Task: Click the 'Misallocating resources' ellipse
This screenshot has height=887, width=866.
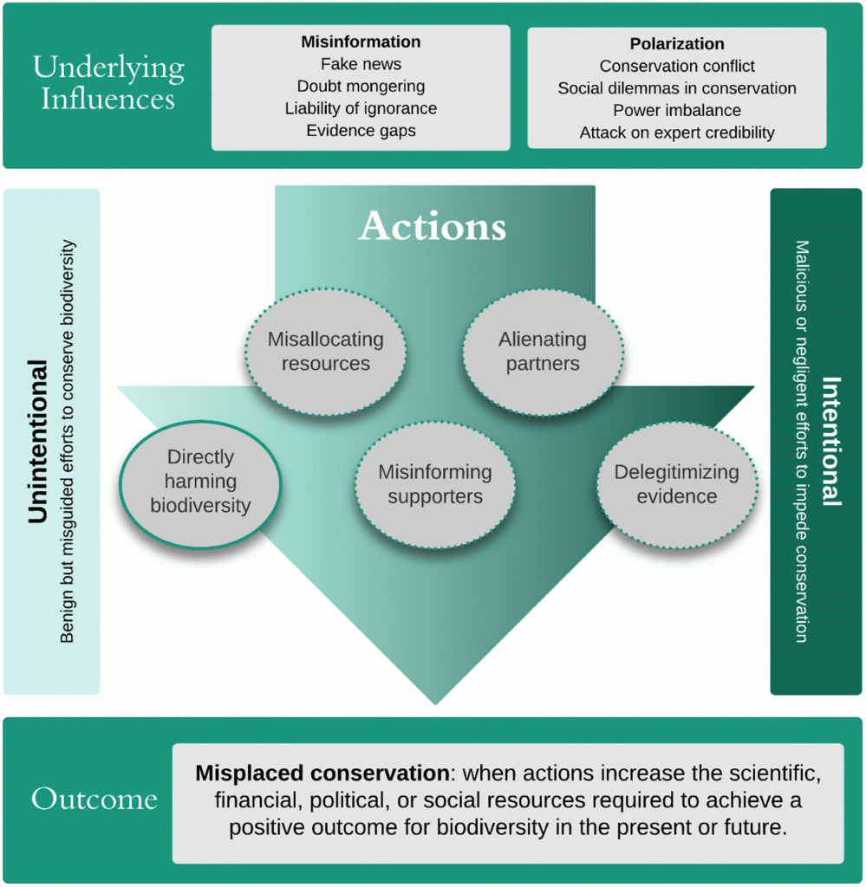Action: (x=325, y=352)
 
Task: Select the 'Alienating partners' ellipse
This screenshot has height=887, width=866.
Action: (x=543, y=352)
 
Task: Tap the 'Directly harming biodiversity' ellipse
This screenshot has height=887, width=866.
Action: (x=200, y=484)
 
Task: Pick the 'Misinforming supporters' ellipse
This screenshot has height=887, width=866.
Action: (x=434, y=485)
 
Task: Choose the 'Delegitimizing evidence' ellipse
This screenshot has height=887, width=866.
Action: (x=677, y=485)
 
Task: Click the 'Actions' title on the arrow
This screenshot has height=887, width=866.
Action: (x=433, y=226)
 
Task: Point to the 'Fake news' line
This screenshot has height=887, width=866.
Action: (x=361, y=64)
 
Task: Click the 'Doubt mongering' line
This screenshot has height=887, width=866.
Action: (x=361, y=86)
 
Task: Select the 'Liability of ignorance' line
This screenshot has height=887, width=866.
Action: (x=361, y=108)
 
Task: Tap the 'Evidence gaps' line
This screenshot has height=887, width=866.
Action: (x=361, y=130)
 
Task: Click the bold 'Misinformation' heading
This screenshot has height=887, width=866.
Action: (x=361, y=42)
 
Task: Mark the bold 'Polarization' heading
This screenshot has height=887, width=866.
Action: (x=677, y=43)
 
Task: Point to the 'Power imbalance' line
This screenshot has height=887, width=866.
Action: (x=677, y=110)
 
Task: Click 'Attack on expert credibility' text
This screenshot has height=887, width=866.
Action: (x=677, y=133)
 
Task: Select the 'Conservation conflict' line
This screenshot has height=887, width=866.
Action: (x=677, y=66)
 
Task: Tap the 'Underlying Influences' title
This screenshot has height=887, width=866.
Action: (x=108, y=83)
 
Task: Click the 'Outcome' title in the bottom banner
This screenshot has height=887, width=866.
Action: (x=94, y=799)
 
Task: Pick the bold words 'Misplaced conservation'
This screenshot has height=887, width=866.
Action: (x=322, y=773)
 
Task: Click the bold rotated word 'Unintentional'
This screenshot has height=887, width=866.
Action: (x=37, y=441)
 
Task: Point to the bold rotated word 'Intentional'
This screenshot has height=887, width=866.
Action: (x=831, y=441)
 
